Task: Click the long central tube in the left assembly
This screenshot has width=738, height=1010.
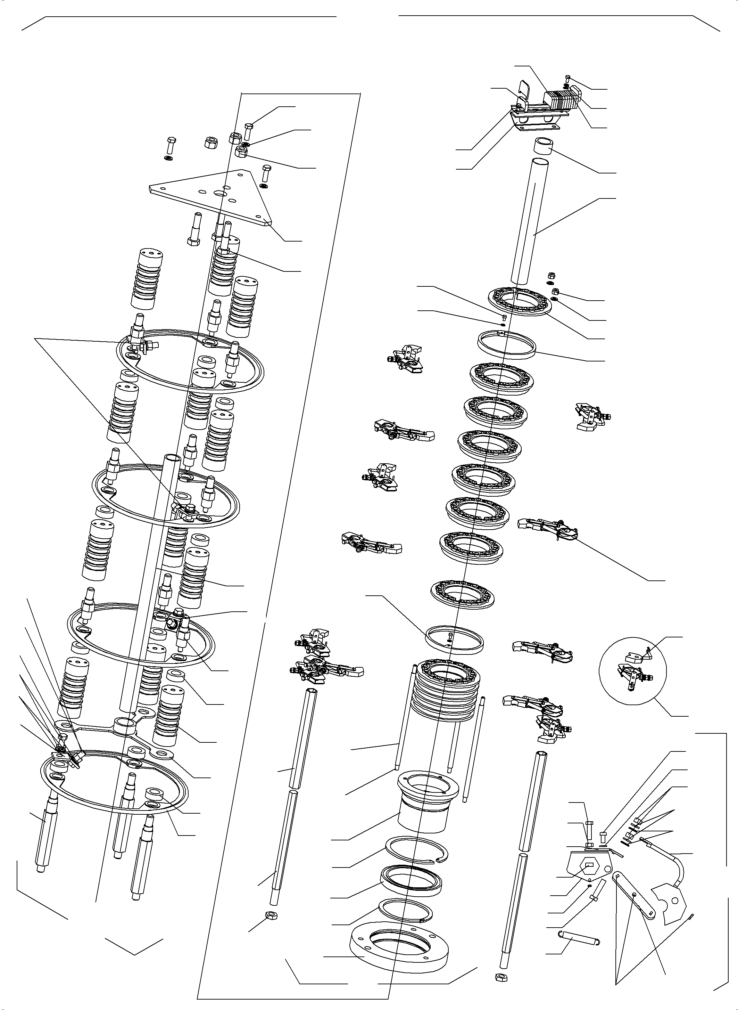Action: pyautogui.click(x=147, y=581)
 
